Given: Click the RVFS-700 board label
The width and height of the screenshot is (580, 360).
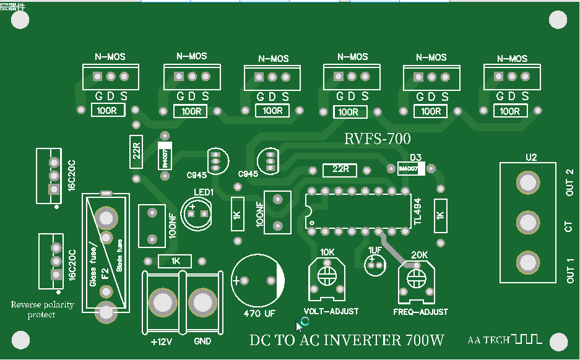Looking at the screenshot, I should pyautogui.click(x=377, y=139).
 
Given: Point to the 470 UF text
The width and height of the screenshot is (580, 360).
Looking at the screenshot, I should pyautogui.click(x=259, y=313).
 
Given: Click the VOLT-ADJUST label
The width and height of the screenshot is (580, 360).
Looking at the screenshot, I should pyautogui.click(x=331, y=311).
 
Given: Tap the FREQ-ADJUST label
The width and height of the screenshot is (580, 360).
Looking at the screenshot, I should pyautogui.click(x=420, y=312).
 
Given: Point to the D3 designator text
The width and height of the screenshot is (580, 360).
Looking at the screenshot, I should pyautogui.click(x=415, y=157).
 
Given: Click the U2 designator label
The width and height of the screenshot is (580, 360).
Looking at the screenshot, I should pyautogui.click(x=530, y=157).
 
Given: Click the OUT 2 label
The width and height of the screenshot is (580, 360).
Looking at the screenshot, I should pyautogui.click(x=569, y=182).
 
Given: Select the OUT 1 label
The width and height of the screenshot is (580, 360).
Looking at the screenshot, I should pyautogui.click(x=569, y=270).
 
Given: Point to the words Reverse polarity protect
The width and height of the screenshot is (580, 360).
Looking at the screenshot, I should pyautogui.click(x=42, y=309).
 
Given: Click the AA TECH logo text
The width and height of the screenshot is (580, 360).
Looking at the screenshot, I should pyautogui.click(x=488, y=340).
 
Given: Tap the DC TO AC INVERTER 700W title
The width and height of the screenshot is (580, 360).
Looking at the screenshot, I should pyautogui.click(x=347, y=340).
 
